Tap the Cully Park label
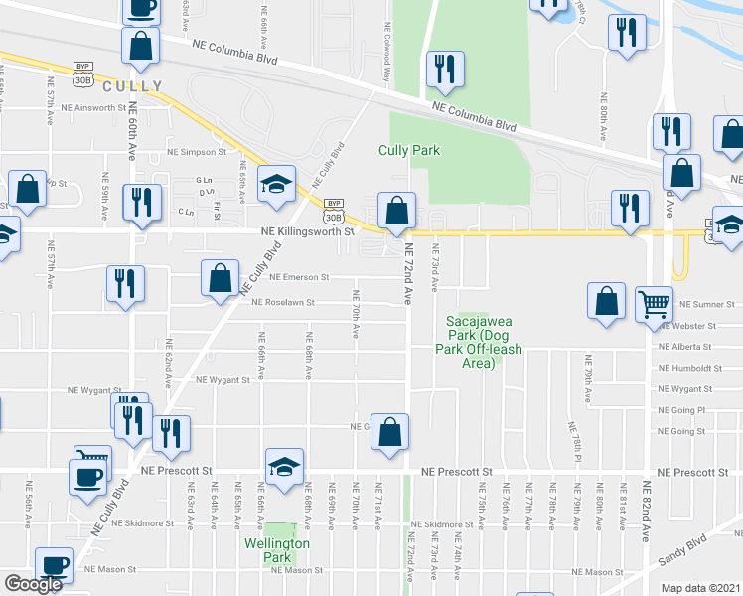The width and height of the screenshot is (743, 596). tap(408, 151)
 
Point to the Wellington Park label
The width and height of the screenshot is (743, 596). tap(279, 550)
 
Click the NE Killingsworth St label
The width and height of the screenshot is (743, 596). tap(307, 231)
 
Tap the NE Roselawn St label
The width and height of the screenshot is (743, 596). tap(282, 303)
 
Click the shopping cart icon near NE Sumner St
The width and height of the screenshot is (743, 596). tap(654, 305)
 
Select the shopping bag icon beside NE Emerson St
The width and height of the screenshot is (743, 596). tap(220, 279)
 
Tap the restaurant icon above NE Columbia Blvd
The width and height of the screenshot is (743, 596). tap(443, 69)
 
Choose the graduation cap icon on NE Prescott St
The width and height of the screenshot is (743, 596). tap(284, 467)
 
